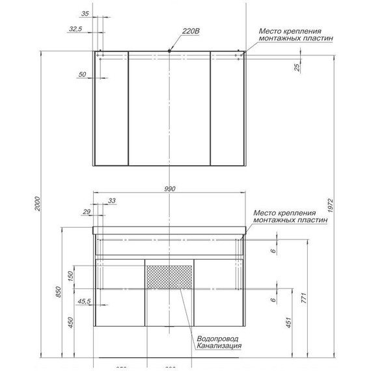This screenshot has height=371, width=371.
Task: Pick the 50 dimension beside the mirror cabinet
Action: pyautogui.click(x=82, y=75)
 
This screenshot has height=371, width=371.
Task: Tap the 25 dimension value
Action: pyautogui.click(x=297, y=69)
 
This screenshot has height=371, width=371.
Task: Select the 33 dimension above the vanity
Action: pyautogui.click(x=113, y=200)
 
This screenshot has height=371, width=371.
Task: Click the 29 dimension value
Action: pyautogui.click(x=87, y=212)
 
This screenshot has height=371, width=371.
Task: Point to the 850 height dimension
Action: pyautogui.click(x=59, y=293)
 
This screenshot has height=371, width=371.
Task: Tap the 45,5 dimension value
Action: pyautogui.click(x=83, y=301)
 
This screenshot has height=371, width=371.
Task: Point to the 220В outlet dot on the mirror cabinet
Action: pyautogui.click(x=169, y=50)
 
